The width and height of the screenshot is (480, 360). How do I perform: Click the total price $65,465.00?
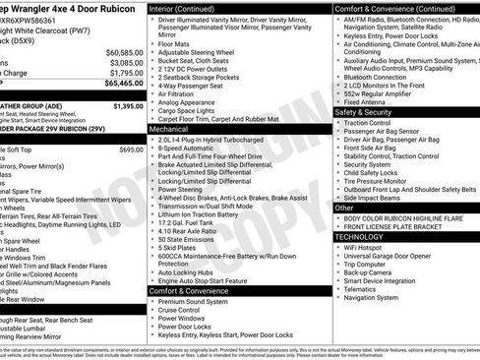pyautogui.click(x=123, y=85)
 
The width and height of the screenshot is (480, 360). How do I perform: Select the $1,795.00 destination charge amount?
pyautogui.click(x=125, y=72)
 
